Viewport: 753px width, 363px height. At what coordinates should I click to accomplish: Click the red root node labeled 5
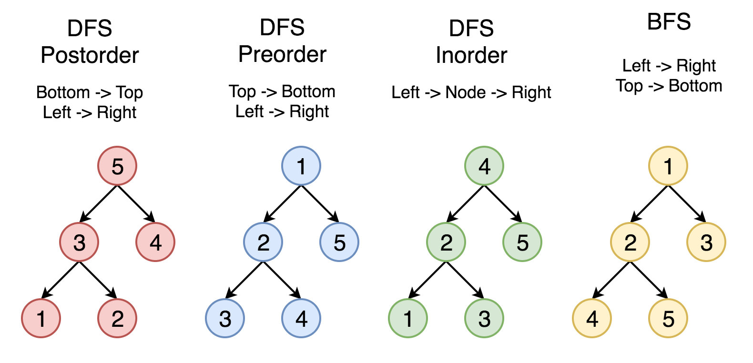click(x=117, y=166)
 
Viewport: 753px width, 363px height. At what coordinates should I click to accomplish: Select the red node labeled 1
click(x=41, y=318)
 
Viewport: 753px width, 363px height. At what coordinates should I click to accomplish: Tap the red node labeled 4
click(x=155, y=242)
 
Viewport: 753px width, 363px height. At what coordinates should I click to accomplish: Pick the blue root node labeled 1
click(x=301, y=166)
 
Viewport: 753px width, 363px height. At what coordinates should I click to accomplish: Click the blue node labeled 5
click(x=339, y=242)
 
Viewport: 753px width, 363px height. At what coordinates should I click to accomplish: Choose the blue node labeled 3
click(x=225, y=318)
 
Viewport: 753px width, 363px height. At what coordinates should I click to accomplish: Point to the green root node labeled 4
click(x=484, y=166)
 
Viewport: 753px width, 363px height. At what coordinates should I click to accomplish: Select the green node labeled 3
click(x=484, y=318)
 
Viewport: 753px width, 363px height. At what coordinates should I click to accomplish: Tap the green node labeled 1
click(x=408, y=318)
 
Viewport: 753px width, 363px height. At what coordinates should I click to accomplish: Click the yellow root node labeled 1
click(x=668, y=166)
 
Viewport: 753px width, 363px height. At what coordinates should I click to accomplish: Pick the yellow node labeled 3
click(x=706, y=242)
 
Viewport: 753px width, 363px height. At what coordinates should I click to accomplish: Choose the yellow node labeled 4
click(x=592, y=318)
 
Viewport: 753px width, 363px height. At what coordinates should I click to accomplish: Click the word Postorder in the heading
click(x=90, y=55)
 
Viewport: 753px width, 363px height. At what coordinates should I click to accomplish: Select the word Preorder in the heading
click(x=282, y=54)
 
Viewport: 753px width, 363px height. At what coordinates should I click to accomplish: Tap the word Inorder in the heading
click(x=471, y=55)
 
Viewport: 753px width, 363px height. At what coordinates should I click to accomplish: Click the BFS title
click(x=669, y=22)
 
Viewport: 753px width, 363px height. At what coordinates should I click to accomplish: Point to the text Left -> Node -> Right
click(x=471, y=92)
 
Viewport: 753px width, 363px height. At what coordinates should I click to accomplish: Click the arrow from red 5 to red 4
click(x=136, y=204)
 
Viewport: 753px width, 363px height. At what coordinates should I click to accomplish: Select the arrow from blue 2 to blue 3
click(x=244, y=280)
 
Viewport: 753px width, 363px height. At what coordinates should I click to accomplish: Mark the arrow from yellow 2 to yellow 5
click(x=649, y=280)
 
